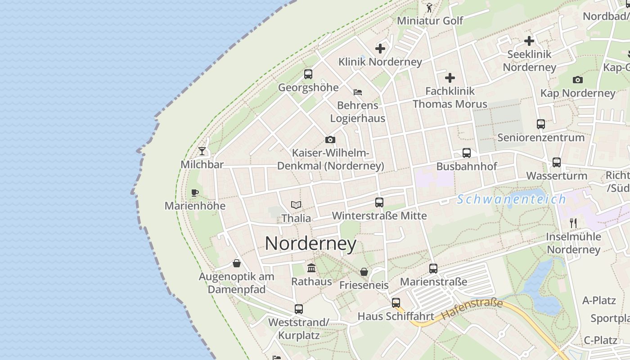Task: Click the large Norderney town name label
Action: pyautogui.click(x=310, y=243)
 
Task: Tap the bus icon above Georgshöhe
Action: pyautogui.click(x=308, y=74)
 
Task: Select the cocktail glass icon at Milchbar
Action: pyautogui.click(x=202, y=151)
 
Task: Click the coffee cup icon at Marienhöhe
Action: pyautogui.click(x=194, y=193)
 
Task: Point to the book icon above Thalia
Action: pyautogui.click(x=296, y=205)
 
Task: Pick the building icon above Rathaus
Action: pyautogui.click(x=311, y=268)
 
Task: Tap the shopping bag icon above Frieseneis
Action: pyautogui.click(x=364, y=272)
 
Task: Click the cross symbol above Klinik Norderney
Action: pyautogui.click(x=380, y=49)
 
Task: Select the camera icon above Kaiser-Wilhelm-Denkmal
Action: pyautogui.click(x=330, y=140)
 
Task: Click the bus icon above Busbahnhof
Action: pyautogui.click(x=467, y=153)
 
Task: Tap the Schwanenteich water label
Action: pyautogui.click(x=511, y=199)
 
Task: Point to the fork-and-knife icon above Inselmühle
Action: pyautogui.click(x=573, y=223)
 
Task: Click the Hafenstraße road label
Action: pyautogui.click(x=472, y=310)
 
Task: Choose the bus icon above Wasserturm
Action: pyautogui.click(x=557, y=162)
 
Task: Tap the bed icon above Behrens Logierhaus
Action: pyautogui.click(x=358, y=92)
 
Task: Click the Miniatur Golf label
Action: pyautogui.click(x=430, y=21)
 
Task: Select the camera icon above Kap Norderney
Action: pyautogui.click(x=578, y=80)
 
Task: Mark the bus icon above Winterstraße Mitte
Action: pyautogui.click(x=379, y=202)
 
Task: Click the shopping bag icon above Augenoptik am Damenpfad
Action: pyautogui.click(x=237, y=263)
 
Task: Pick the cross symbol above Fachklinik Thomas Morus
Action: pyautogui.click(x=450, y=78)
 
